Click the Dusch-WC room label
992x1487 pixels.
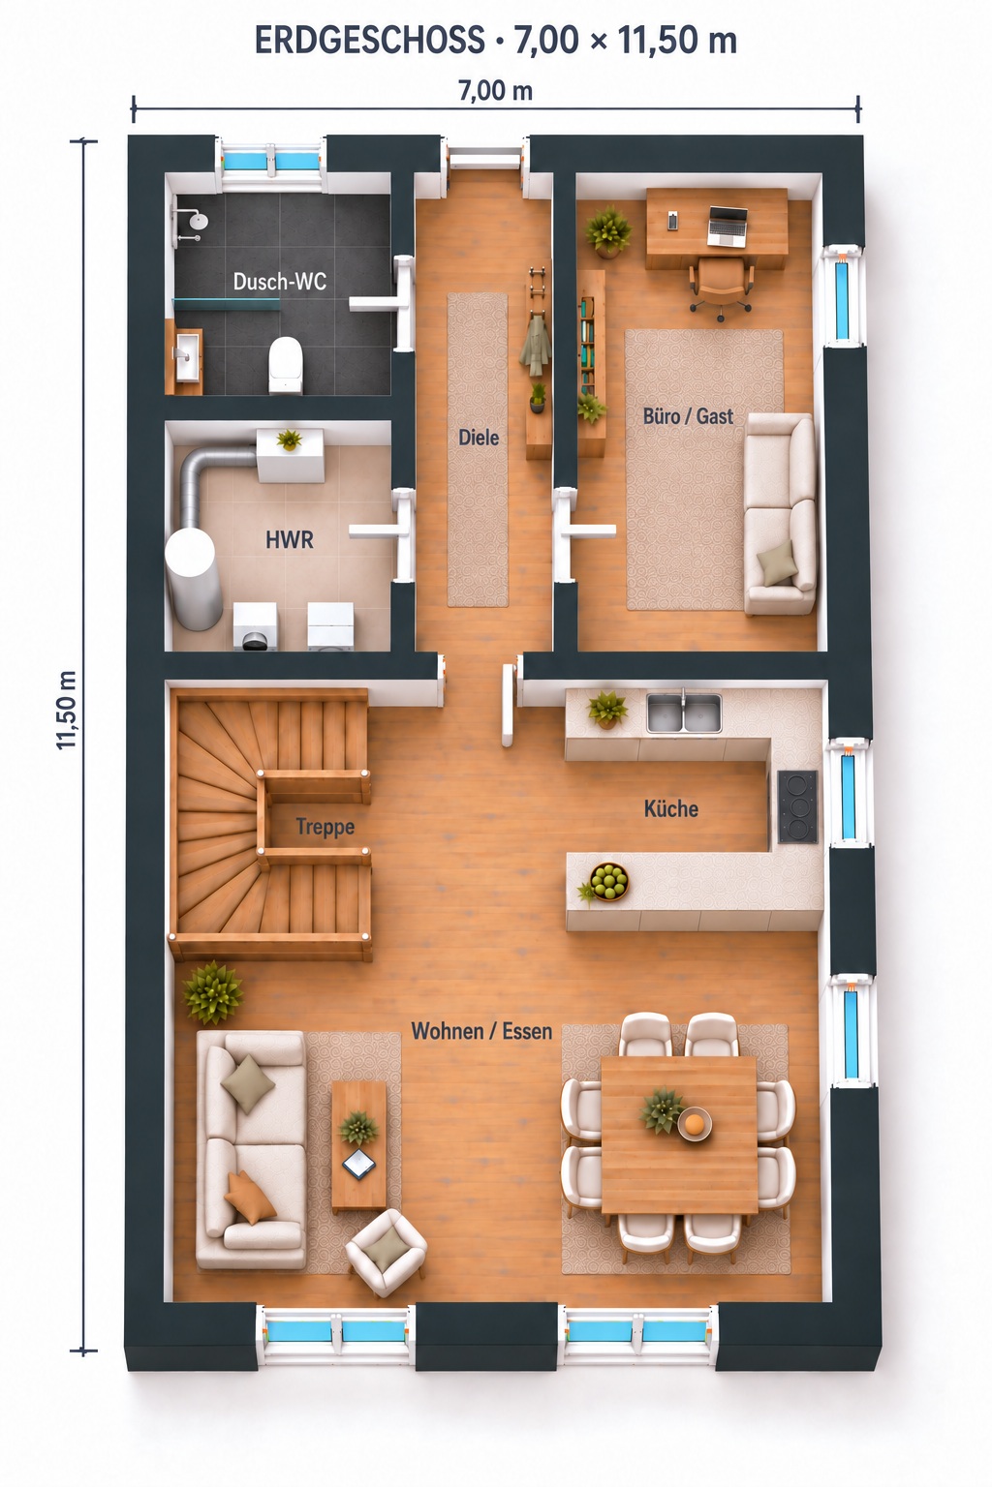tap(280, 282)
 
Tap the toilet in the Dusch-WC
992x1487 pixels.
tap(286, 364)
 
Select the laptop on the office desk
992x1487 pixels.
tap(728, 226)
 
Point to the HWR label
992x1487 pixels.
tap(289, 539)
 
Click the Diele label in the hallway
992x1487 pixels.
tap(479, 438)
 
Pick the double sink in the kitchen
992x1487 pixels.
tap(684, 713)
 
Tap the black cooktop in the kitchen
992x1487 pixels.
tap(797, 806)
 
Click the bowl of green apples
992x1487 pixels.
tap(608, 882)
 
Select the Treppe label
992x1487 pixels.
tap(325, 827)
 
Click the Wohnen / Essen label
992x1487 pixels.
tap(481, 1031)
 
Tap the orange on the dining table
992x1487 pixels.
tap(695, 1122)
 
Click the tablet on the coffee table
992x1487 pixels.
tap(358, 1163)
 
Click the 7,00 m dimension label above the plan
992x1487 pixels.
tap(496, 91)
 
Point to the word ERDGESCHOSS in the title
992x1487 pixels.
tap(370, 41)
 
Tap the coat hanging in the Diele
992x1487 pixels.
tap(534, 347)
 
